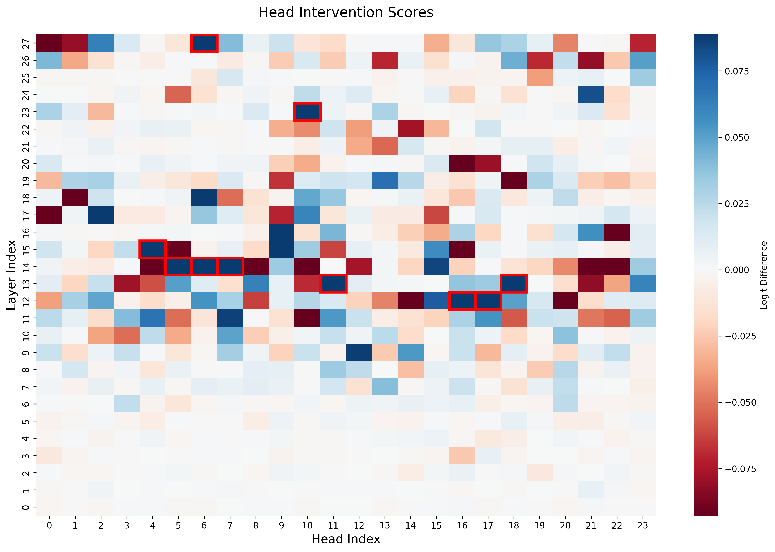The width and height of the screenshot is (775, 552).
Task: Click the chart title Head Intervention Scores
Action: click(x=346, y=12)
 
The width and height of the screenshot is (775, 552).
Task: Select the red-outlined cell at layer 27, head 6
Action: click(x=204, y=43)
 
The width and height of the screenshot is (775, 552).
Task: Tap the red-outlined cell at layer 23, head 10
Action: click(x=307, y=112)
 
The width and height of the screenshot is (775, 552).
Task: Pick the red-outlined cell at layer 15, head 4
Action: click(x=153, y=249)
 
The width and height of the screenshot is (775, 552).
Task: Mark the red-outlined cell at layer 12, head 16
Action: click(x=462, y=301)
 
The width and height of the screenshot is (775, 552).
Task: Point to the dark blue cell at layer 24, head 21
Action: click(x=591, y=95)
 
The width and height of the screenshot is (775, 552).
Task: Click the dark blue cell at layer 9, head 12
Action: click(x=359, y=352)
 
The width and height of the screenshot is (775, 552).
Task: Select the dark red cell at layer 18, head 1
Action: click(x=75, y=197)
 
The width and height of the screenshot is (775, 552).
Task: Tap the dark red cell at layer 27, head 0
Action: click(x=49, y=43)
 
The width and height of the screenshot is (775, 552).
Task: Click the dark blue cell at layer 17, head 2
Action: click(x=101, y=215)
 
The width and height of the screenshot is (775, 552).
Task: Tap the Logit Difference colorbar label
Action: click(x=764, y=275)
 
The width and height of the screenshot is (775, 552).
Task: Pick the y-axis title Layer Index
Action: click(x=11, y=275)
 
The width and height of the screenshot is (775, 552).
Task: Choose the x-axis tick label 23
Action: click(x=643, y=526)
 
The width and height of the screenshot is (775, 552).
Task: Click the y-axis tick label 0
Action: click(x=25, y=507)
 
